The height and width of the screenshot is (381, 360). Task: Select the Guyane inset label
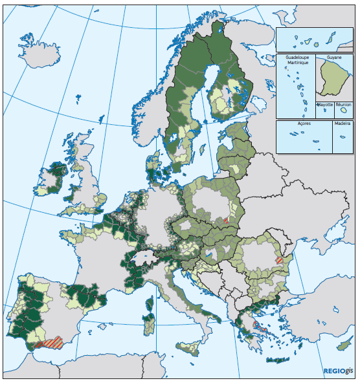pyautogui.click(x=334, y=57)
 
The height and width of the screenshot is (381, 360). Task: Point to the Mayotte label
pyautogui.click(x=324, y=104)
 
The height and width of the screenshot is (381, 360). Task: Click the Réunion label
pyautogui.click(x=344, y=104)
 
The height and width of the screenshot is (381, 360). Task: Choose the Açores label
pyautogui.click(x=304, y=123)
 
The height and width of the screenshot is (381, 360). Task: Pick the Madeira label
pyautogui.click(x=343, y=123)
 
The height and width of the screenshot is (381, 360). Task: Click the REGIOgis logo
pyautogui.click(x=339, y=371)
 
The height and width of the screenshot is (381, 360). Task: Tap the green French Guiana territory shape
pyautogui.click(x=335, y=81)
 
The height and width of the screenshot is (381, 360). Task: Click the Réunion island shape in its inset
pyautogui.click(x=344, y=111)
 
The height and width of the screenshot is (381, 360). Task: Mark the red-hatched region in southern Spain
pyautogui.click(x=50, y=341)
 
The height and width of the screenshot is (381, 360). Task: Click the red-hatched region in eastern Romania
pyautogui.click(x=279, y=259)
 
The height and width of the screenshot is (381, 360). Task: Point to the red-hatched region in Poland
pyautogui.click(x=225, y=220)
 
